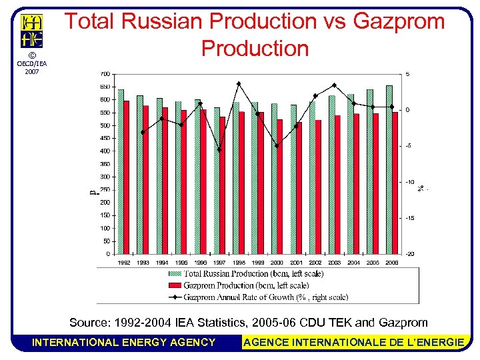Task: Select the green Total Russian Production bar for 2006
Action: (x=389, y=169)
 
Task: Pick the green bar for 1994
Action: (x=159, y=176)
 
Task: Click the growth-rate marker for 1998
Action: (x=239, y=84)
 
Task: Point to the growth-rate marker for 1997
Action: (x=219, y=149)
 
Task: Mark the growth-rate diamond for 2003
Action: (x=334, y=85)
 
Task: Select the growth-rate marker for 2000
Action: (x=277, y=146)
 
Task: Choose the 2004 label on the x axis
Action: (x=354, y=263)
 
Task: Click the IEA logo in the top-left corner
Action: (x=32, y=31)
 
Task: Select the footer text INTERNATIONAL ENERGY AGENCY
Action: (x=124, y=343)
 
